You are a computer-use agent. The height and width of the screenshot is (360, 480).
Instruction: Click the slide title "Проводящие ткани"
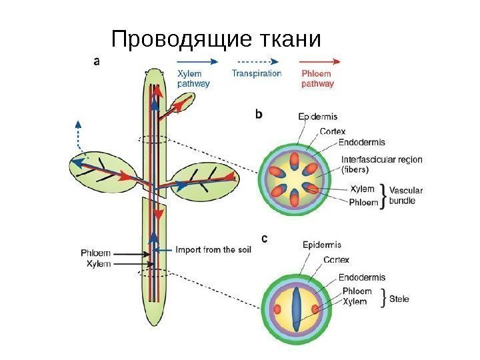[x=216, y=40]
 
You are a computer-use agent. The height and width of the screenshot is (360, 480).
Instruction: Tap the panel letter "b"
[x=259, y=114]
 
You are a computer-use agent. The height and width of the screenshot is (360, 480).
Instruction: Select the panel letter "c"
[x=265, y=237]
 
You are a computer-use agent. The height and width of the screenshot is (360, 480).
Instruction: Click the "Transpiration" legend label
[x=257, y=73]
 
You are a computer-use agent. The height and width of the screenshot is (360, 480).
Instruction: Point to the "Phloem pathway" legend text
[x=318, y=79]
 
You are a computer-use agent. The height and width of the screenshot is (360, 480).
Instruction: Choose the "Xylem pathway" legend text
[x=194, y=79]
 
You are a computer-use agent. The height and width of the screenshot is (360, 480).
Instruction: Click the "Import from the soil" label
[x=214, y=251]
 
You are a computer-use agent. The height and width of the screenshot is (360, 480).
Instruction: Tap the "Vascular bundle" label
[x=405, y=195]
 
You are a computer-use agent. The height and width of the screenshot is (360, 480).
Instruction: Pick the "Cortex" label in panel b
[x=333, y=131]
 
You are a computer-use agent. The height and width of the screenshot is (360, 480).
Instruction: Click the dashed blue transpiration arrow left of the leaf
[x=79, y=137]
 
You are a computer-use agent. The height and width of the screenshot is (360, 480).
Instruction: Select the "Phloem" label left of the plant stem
[x=95, y=253]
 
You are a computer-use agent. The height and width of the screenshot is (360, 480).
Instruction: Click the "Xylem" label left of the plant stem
[x=99, y=264]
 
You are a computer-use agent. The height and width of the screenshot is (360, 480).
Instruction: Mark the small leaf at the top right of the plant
[x=181, y=103]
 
